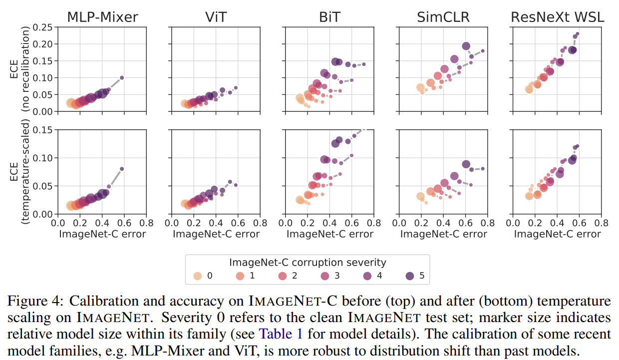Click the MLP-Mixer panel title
102,17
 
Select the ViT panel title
216,17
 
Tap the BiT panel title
329,17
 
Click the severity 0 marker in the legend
198,276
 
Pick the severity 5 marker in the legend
411,276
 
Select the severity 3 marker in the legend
325,276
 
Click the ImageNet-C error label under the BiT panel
329,234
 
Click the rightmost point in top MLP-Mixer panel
122,78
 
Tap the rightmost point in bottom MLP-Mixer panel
122,169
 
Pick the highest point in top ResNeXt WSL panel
578,34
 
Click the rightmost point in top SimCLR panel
483,51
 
